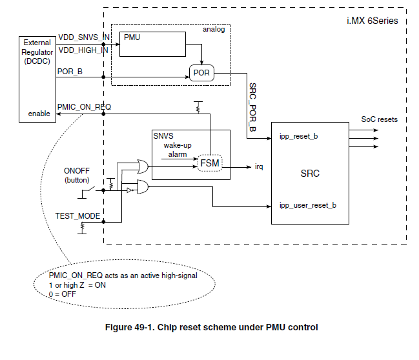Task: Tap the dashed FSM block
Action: click(209, 164)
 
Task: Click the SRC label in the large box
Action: click(310, 174)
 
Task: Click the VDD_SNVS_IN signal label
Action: click(83, 37)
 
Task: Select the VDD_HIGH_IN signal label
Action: click(83, 50)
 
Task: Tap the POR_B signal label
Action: click(69, 72)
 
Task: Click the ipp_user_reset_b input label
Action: click(307, 206)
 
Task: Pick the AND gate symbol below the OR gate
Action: click(142, 188)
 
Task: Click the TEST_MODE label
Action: click(78, 216)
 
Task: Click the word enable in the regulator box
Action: click(38, 114)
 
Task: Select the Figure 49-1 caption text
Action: click(211, 327)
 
